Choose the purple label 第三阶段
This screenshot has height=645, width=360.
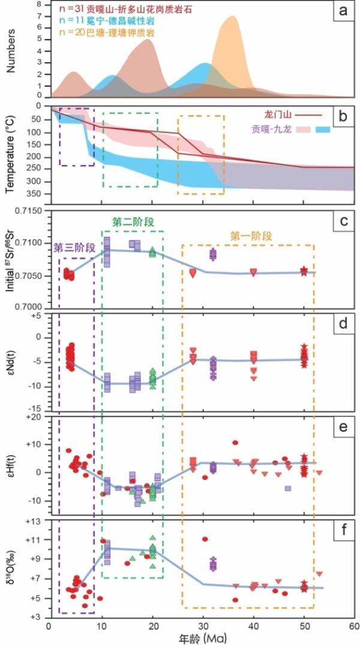(x=74, y=247)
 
